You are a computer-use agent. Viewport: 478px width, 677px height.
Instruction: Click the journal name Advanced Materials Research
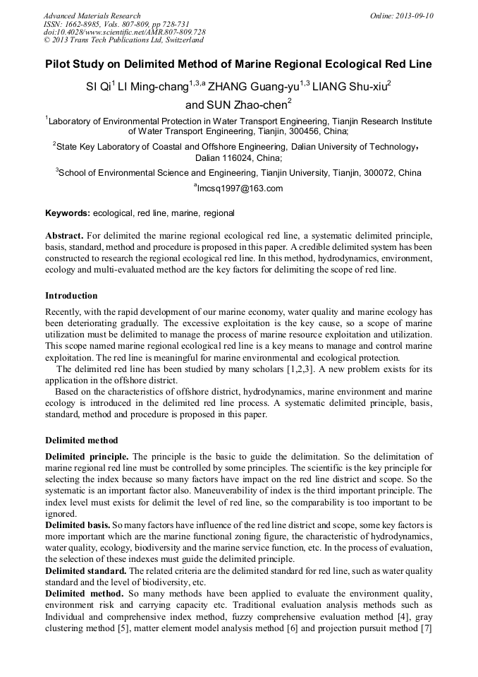pyautogui.click(x=92, y=16)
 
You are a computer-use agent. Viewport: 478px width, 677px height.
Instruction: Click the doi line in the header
pyautogui.click(x=124, y=32)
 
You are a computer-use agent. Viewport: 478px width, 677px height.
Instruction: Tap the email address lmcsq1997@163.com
pyautogui.click(x=240, y=188)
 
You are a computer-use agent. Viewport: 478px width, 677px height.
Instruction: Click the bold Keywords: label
pyautogui.click(x=68, y=212)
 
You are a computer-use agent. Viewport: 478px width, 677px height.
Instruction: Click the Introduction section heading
pyautogui.click(x=71, y=295)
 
